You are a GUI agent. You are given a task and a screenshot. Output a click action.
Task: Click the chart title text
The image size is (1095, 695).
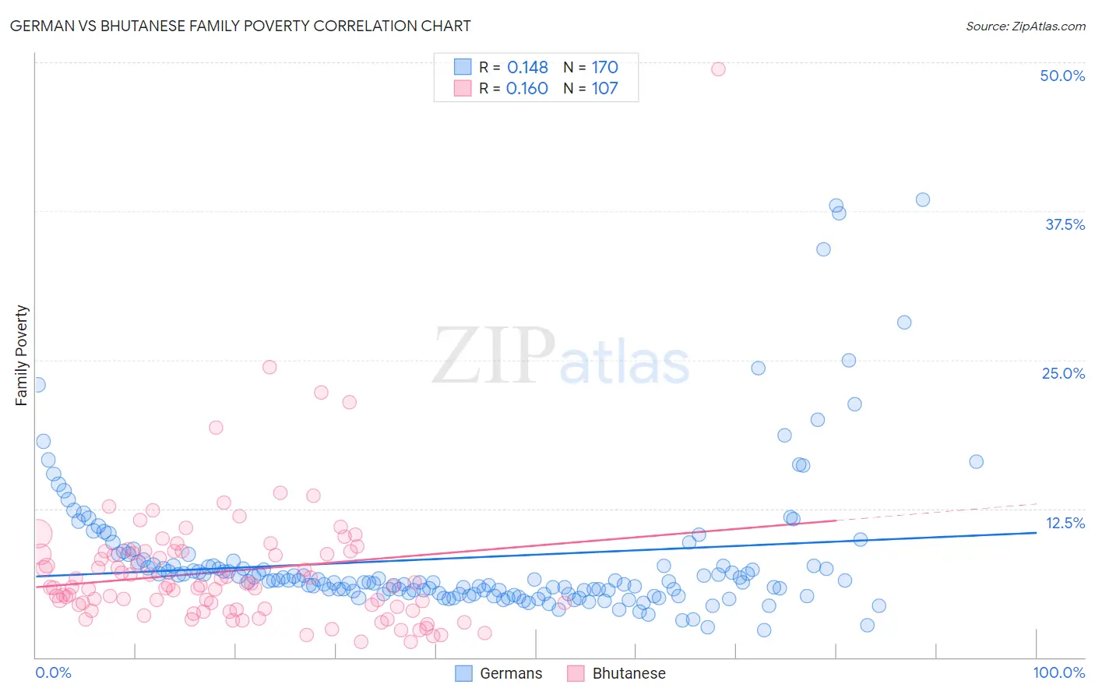click(240, 26)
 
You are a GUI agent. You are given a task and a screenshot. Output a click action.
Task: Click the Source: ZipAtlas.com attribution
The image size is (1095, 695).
click(1025, 26)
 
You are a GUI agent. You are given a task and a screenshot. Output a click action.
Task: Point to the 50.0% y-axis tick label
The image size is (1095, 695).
click(1062, 76)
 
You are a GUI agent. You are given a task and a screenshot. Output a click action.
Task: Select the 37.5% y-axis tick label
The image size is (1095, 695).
click(1065, 224)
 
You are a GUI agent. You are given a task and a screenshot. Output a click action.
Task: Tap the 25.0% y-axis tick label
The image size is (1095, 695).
click(1063, 373)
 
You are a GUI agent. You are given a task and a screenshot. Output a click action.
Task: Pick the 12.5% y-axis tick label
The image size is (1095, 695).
click(1065, 523)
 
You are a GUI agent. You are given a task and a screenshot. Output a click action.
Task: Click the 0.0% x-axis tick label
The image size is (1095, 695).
click(53, 672)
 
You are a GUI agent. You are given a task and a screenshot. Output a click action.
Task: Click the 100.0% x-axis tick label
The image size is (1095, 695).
click(1058, 672)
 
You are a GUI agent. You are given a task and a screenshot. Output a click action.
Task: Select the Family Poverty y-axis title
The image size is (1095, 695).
click(22, 355)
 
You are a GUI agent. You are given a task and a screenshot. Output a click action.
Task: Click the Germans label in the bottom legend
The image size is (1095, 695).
click(511, 673)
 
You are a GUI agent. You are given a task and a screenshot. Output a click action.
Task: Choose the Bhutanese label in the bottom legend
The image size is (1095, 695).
click(628, 673)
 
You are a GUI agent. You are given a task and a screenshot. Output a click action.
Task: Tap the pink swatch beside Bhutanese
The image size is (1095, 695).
click(576, 673)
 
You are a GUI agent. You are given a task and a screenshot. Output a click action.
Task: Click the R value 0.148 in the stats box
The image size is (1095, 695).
click(527, 67)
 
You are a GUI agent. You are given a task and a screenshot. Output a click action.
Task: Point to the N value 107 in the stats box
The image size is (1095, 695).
click(604, 88)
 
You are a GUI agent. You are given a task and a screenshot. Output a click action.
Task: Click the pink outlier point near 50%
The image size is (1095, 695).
click(718, 69)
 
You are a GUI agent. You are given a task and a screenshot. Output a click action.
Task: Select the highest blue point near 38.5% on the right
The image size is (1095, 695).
click(923, 199)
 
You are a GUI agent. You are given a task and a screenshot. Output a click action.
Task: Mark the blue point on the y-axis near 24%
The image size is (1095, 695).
click(37, 384)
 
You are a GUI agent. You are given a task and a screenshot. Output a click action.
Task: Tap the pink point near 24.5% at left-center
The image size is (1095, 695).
click(269, 367)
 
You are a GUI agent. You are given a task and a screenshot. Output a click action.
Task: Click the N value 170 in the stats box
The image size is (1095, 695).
click(604, 67)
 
